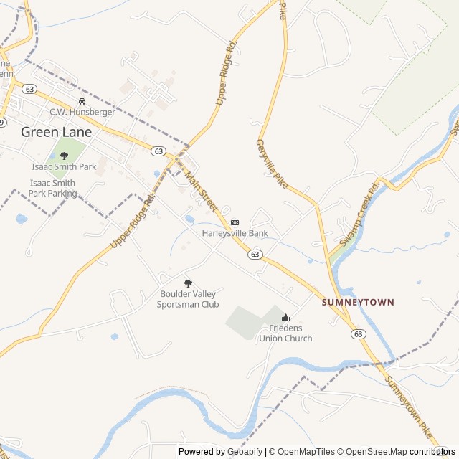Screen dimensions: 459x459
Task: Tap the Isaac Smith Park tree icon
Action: [x=64, y=155]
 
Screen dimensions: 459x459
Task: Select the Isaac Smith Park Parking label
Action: [x=52, y=188]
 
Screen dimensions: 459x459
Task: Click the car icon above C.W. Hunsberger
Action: [x=82, y=102]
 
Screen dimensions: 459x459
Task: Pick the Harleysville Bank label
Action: [x=235, y=233]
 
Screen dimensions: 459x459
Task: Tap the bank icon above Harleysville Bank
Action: [x=235, y=222]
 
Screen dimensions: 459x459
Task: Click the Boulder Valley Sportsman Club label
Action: [x=188, y=299]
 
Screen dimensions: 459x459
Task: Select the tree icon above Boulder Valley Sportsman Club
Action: [x=188, y=283]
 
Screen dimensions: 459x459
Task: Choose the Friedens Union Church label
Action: [x=285, y=333]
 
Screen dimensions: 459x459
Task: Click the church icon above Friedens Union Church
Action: [x=285, y=318]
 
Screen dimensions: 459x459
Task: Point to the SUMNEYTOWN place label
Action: [x=358, y=303]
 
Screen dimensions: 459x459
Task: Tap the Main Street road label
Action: [x=202, y=190]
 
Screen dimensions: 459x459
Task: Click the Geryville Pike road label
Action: [x=272, y=164]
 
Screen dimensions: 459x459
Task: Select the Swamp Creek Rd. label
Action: [x=358, y=215]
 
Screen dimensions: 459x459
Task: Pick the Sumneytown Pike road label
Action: [x=411, y=410]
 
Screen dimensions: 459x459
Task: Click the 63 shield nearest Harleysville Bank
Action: [x=255, y=254]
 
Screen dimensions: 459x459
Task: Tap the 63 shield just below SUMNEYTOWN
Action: [x=359, y=333]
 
